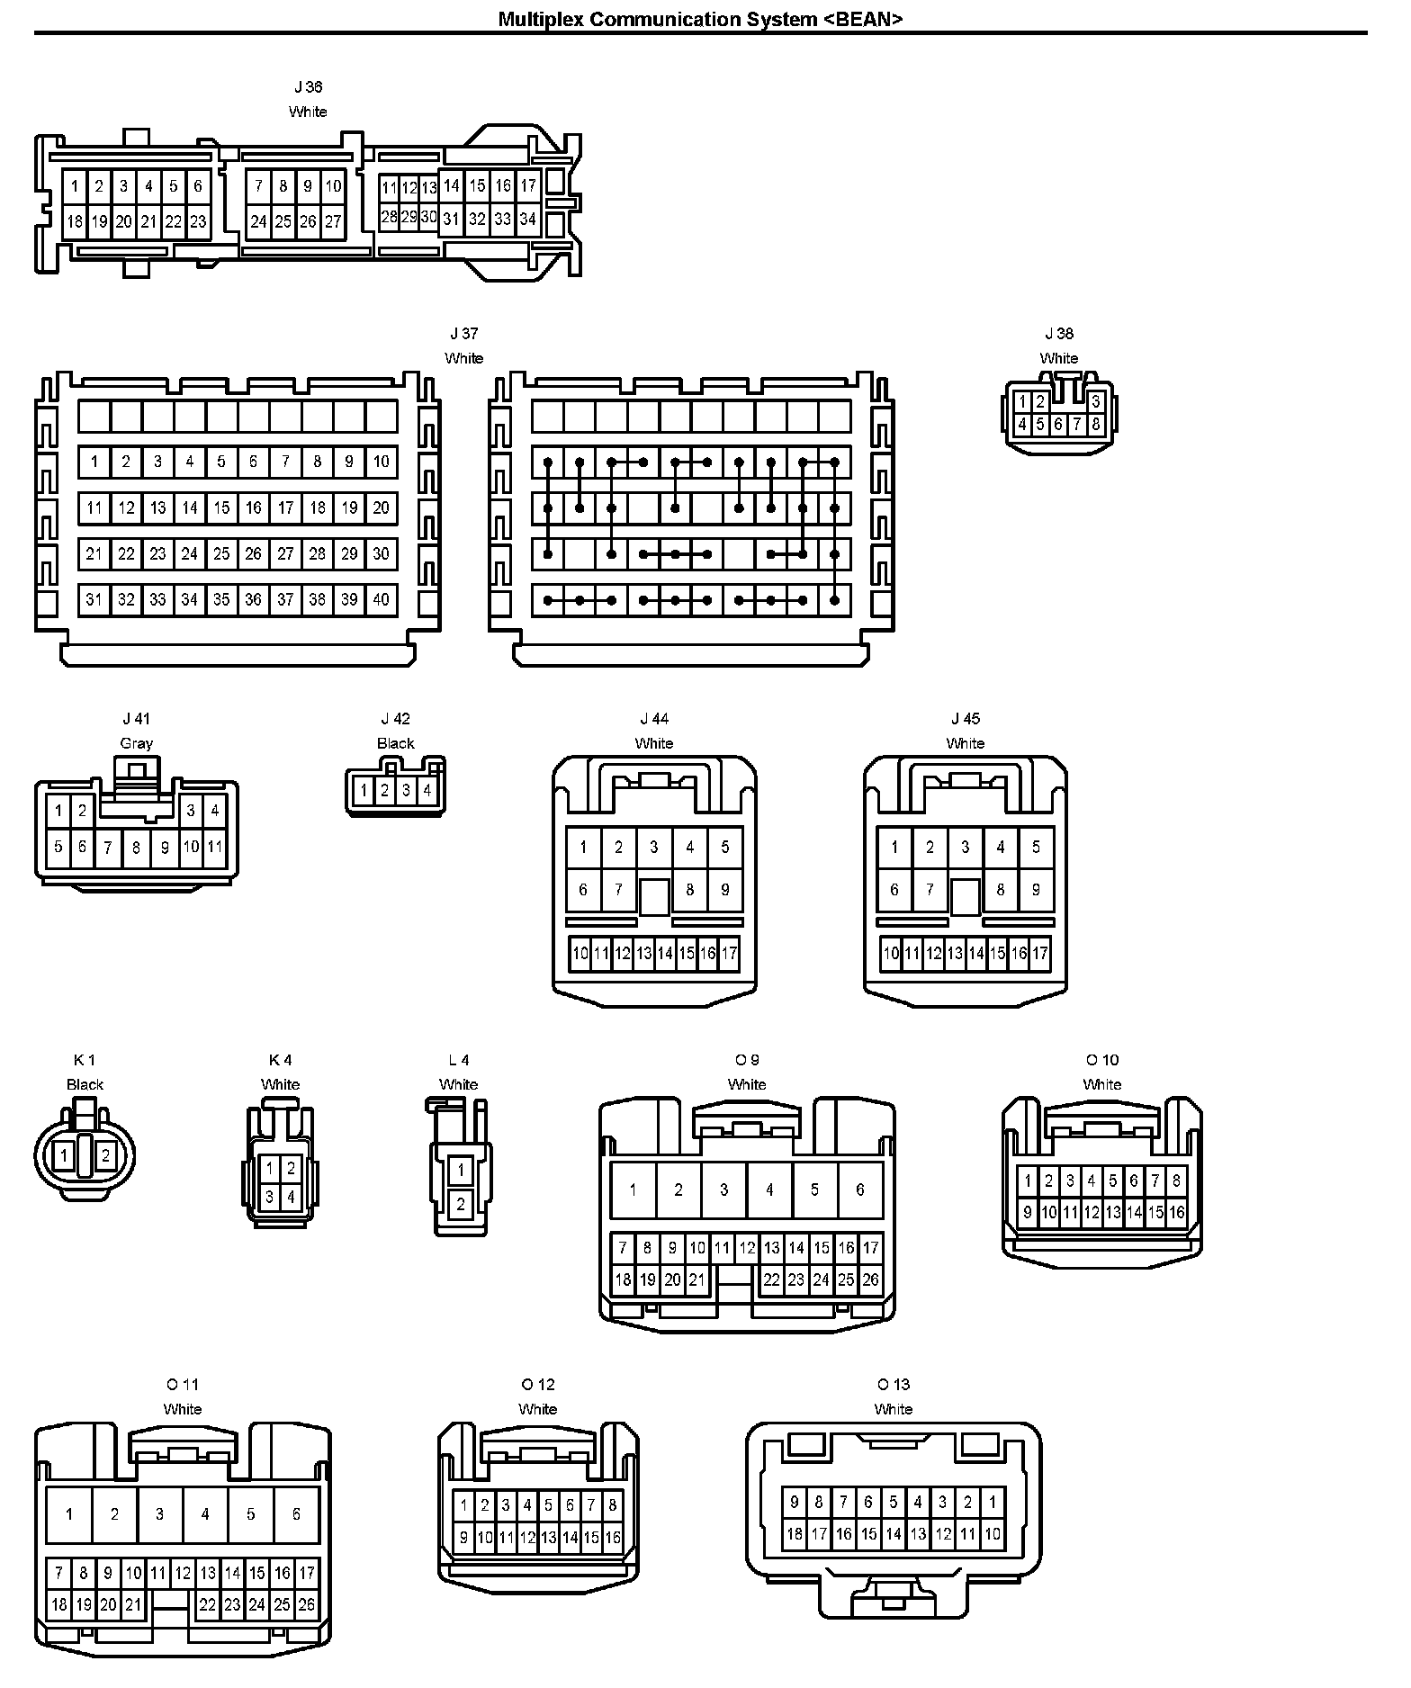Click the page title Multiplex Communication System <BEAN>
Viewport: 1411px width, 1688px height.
tap(700, 19)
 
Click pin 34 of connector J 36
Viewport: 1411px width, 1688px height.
tap(528, 219)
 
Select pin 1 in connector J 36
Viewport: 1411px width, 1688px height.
tap(75, 187)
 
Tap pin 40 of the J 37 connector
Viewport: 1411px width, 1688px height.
tap(382, 599)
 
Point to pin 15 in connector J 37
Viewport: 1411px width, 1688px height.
tap(221, 507)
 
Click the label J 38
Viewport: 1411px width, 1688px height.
tap(1059, 334)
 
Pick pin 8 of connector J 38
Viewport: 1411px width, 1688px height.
tap(1096, 424)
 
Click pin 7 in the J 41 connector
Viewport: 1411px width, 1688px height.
tap(108, 848)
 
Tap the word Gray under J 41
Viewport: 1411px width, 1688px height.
tap(137, 743)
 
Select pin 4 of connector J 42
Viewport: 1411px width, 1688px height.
tap(427, 791)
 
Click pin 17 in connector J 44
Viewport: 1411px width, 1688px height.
tap(729, 953)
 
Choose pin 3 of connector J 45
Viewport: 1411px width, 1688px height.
tap(966, 847)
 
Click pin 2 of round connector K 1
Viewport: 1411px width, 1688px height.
tap(105, 1155)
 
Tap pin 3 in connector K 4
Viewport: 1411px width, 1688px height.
tap(269, 1197)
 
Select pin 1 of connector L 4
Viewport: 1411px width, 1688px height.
tap(461, 1170)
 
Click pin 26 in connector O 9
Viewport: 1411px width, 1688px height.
tap(870, 1279)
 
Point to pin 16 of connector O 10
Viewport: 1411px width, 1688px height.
tap(1177, 1212)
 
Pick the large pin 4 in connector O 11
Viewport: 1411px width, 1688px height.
tap(205, 1514)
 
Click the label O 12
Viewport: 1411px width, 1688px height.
tap(538, 1385)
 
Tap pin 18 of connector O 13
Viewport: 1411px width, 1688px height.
tap(795, 1534)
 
